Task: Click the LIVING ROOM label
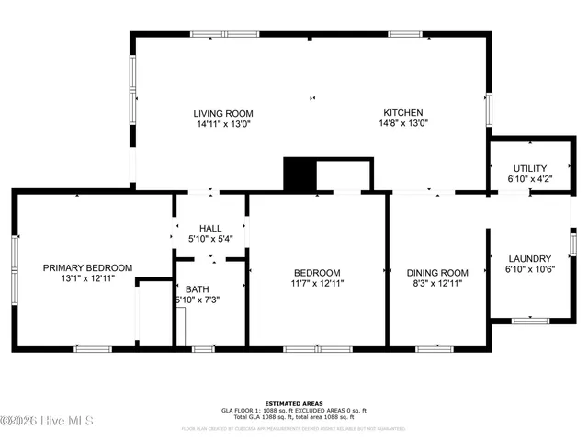point(223,112)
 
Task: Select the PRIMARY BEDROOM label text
point(87,267)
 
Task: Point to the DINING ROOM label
point(437,273)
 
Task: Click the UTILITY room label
point(529,168)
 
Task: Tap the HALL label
point(210,228)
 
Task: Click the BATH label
point(198,288)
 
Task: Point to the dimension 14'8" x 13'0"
point(404,123)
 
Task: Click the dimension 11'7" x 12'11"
point(317,284)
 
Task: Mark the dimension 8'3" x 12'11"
point(437,284)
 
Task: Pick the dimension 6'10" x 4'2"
point(529,179)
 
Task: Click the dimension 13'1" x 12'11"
point(87,278)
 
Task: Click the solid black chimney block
point(299,175)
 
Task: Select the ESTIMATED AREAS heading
point(293,403)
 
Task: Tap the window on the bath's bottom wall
point(203,348)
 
